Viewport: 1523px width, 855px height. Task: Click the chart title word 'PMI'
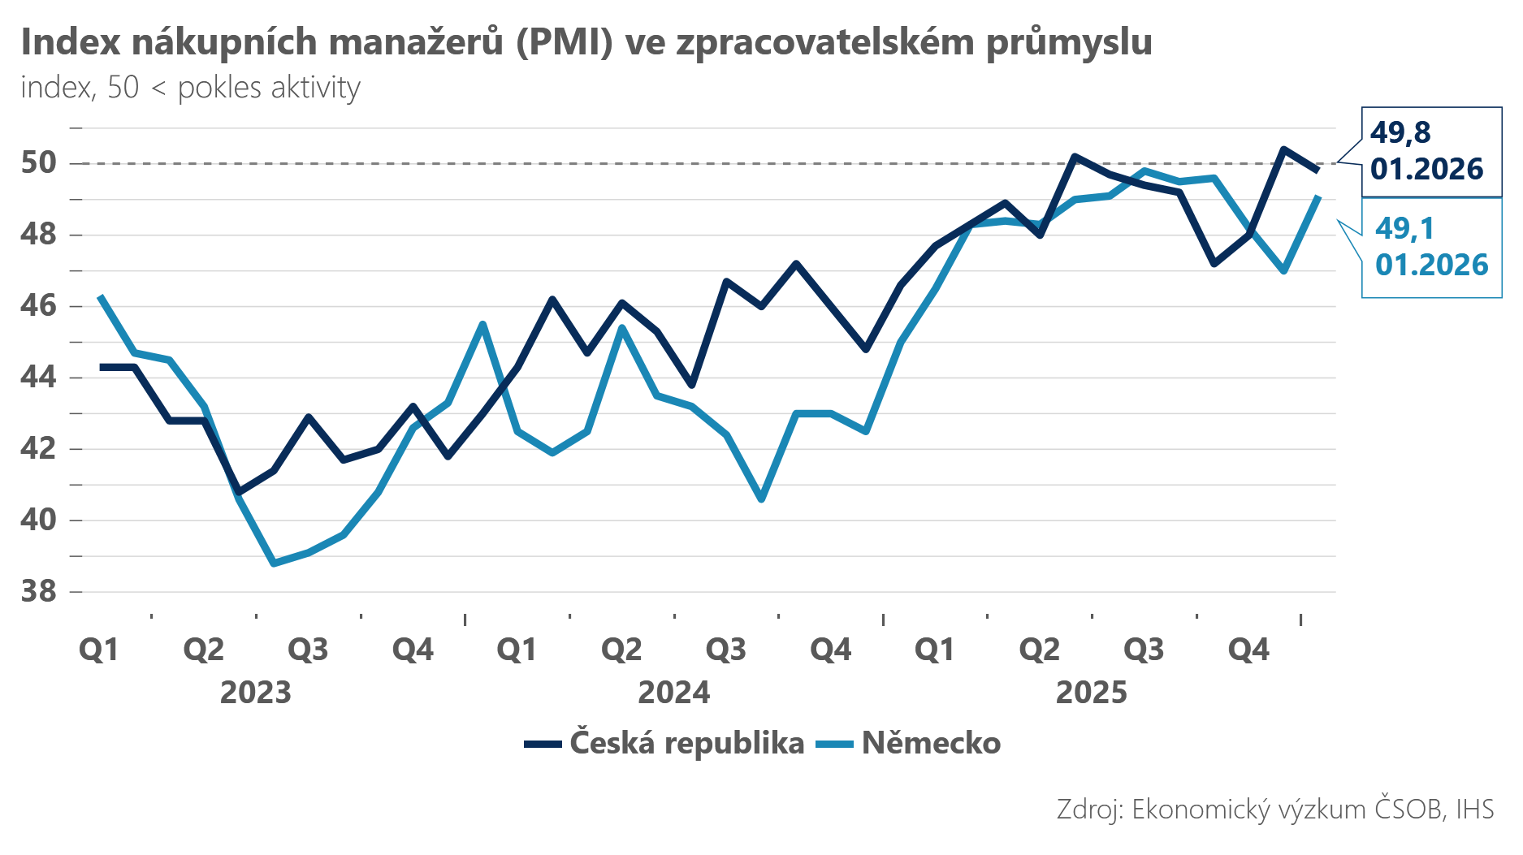click(x=564, y=42)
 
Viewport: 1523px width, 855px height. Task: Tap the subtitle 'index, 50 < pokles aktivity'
click(x=190, y=88)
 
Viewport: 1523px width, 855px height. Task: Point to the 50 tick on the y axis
click(x=39, y=162)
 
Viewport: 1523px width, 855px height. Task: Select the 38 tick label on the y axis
click(x=39, y=591)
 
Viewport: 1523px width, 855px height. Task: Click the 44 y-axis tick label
click(x=39, y=377)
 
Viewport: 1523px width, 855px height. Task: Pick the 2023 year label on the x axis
click(x=256, y=693)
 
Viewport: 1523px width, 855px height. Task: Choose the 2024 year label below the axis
click(x=673, y=693)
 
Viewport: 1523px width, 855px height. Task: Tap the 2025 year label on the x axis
click(x=1091, y=693)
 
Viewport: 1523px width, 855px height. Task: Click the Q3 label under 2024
click(x=726, y=650)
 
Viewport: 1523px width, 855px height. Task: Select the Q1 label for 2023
click(x=99, y=650)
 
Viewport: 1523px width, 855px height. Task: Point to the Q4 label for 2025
click(x=1248, y=650)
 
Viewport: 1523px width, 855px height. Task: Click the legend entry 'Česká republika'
click(x=686, y=743)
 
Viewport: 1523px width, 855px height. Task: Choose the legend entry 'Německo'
click(x=931, y=743)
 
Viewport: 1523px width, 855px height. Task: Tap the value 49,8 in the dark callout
click(x=1400, y=132)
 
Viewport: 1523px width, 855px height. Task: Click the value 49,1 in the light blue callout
click(x=1404, y=229)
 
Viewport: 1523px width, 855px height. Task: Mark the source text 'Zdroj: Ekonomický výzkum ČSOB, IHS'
click(x=1274, y=809)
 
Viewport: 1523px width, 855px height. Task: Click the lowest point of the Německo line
click(x=274, y=563)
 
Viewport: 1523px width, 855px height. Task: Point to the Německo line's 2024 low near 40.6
click(x=761, y=499)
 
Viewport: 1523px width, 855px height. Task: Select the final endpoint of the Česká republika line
click(x=1318, y=171)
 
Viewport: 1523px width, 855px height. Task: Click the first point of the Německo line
click(x=100, y=296)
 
